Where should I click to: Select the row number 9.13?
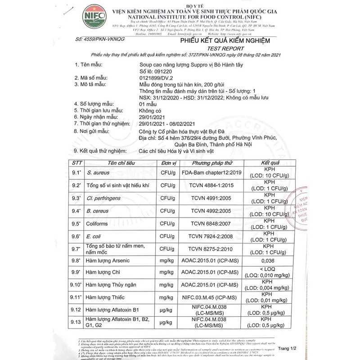pos(76,321)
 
